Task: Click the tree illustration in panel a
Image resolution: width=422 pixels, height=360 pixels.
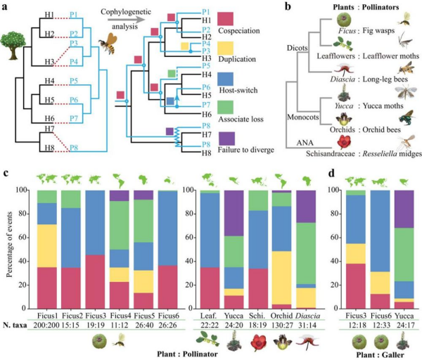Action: tap(13, 39)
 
